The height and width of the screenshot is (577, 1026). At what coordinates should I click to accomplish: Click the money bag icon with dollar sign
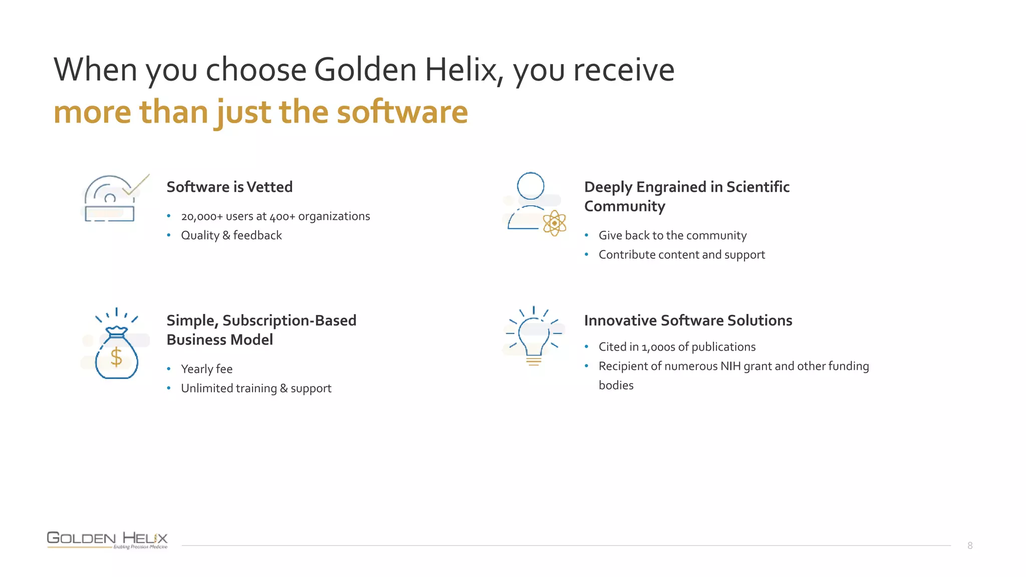click(x=116, y=353)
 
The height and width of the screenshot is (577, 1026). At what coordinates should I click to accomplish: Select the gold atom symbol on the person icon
click(x=555, y=223)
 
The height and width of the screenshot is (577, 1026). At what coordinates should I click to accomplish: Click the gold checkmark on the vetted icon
click(x=136, y=185)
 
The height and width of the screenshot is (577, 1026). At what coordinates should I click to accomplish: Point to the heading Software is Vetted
click(x=229, y=187)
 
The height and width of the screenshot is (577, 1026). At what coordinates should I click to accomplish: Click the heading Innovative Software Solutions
click(x=688, y=321)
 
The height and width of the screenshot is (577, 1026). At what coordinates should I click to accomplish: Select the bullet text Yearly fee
click(x=206, y=369)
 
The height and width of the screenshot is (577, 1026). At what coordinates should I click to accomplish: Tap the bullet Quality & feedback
click(x=231, y=235)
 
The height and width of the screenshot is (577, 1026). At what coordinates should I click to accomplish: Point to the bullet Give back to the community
click(x=672, y=235)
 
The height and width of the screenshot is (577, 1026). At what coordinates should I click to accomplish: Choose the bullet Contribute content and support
click(x=681, y=255)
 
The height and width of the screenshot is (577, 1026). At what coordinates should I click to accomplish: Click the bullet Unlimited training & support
click(x=256, y=389)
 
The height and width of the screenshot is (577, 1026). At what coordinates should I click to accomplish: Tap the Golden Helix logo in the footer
click(x=107, y=539)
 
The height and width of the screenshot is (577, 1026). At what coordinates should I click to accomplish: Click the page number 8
click(x=970, y=545)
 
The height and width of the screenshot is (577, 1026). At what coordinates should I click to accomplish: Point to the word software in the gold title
click(x=402, y=112)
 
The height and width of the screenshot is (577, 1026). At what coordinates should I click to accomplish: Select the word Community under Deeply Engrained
click(x=625, y=206)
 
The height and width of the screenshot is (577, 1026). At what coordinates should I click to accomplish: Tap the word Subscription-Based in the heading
click(x=289, y=321)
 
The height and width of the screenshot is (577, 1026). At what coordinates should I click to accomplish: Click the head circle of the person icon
click(x=531, y=186)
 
